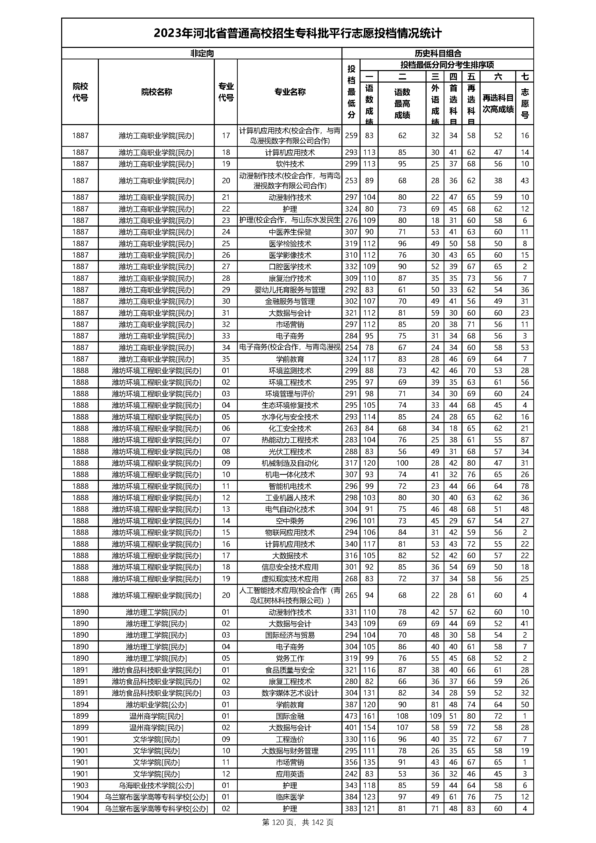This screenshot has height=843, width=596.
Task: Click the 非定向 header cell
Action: pyautogui.click(x=202, y=53)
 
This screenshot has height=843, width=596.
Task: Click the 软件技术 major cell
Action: pyautogui.click(x=290, y=164)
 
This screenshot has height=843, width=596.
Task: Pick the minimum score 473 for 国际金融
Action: pyautogui.click(x=351, y=716)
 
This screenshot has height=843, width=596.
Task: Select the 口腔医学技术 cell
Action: pyautogui.click(x=290, y=267)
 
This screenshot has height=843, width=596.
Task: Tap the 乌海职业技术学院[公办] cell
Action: pyautogui.click(x=156, y=785)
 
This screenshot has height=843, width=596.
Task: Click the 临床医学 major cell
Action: pyautogui.click(x=290, y=797)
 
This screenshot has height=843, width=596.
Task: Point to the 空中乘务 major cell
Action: pyautogui.click(x=290, y=521)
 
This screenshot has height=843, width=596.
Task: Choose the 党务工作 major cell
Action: pyautogui.click(x=290, y=658)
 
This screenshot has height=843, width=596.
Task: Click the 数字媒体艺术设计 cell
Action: pyautogui.click(x=290, y=693)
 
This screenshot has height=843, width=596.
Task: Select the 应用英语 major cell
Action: pyautogui.click(x=290, y=774)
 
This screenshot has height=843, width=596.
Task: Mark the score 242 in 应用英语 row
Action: pyautogui.click(x=351, y=774)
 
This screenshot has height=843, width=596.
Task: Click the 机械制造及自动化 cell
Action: pyautogui.click(x=290, y=463)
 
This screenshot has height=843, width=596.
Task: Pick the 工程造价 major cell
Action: pyautogui.click(x=290, y=739)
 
